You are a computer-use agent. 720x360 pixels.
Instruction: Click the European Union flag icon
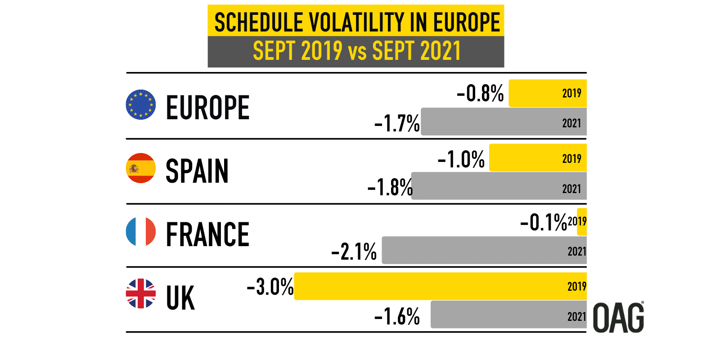(x=141, y=104)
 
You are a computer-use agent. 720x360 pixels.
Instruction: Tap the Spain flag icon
(x=141, y=168)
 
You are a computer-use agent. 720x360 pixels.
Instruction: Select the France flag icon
(x=141, y=232)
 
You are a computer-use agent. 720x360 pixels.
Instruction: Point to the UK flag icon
(x=141, y=293)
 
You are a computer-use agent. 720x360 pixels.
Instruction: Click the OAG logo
(x=618, y=318)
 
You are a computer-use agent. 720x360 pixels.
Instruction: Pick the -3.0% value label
(x=270, y=287)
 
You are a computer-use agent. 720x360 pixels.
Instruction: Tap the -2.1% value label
(x=354, y=252)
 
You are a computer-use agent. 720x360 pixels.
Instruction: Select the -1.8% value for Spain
(x=390, y=187)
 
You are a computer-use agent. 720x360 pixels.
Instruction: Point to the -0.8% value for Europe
(x=480, y=94)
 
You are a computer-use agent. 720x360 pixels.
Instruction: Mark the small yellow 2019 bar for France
(x=582, y=222)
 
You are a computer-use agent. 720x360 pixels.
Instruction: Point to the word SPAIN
(x=197, y=171)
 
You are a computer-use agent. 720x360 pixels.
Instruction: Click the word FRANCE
(x=207, y=235)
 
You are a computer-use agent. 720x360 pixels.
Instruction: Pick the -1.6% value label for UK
(x=397, y=316)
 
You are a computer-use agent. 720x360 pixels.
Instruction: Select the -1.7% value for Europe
(x=397, y=123)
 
